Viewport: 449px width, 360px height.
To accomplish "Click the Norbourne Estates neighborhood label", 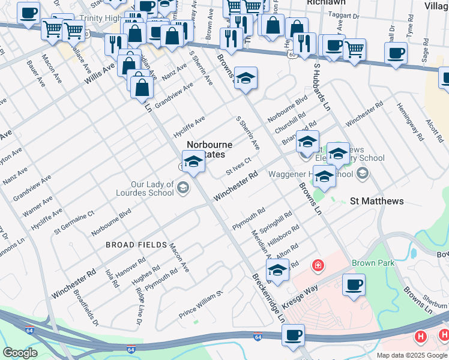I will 209,150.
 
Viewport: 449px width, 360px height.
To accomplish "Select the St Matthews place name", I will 376,201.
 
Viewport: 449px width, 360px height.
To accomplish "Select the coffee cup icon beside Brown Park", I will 354,284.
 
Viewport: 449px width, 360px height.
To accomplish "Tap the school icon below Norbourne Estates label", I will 194,162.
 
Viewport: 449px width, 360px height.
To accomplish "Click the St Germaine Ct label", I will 74,221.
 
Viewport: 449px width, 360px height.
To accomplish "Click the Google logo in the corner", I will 19,353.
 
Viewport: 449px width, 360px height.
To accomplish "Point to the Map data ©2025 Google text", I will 412,355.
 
